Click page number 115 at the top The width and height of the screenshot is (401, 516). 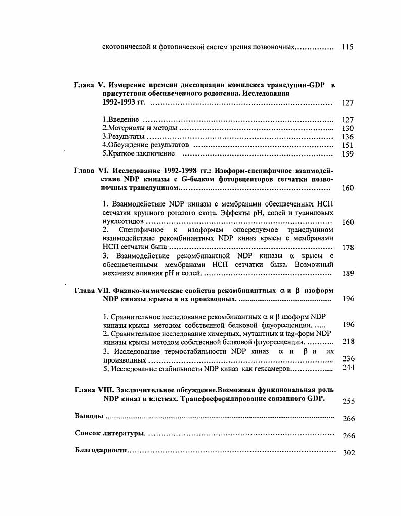[347, 47]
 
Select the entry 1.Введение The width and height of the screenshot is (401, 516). [120, 120]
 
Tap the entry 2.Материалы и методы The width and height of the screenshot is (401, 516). [139, 128]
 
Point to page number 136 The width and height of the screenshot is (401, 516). [347, 137]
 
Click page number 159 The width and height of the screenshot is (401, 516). [347, 154]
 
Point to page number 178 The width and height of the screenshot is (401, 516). [347, 248]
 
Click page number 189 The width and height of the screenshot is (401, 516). [347, 274]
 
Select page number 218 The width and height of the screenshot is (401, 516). [348, 341]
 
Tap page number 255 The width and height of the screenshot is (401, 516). [348, 402]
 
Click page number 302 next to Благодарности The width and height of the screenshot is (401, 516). [348, 453]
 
